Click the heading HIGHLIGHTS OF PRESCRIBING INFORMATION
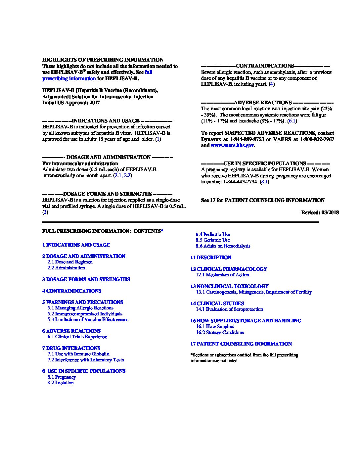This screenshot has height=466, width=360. click(103, 60)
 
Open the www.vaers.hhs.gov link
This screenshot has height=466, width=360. click(232, 145)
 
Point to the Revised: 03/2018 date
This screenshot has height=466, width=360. click(320, 212)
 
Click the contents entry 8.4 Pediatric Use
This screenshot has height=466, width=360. click(212, 234)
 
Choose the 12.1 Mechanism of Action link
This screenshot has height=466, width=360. click(222, 275)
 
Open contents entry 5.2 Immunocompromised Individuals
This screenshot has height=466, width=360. click(85, 314)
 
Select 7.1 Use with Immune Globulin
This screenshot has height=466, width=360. click(78, 354)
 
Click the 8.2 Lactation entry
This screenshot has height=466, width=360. click(61, 383)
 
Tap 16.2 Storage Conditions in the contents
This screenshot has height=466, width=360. click(220, 332)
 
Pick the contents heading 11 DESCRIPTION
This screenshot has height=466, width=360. click(211, 257)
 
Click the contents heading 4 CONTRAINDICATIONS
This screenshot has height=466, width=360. click(71, 291)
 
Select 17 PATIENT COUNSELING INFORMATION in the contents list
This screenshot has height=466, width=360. click(241, 344)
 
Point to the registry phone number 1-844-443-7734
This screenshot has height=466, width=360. click(240, 182)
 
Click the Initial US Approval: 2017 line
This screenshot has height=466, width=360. click(71, 103)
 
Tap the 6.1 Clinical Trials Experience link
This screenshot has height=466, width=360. click(77, 337)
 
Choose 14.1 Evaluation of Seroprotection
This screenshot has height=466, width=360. click(229, 309)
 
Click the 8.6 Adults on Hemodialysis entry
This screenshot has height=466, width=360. click(223, 246)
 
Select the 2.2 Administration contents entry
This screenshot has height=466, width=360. click(66, 268)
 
